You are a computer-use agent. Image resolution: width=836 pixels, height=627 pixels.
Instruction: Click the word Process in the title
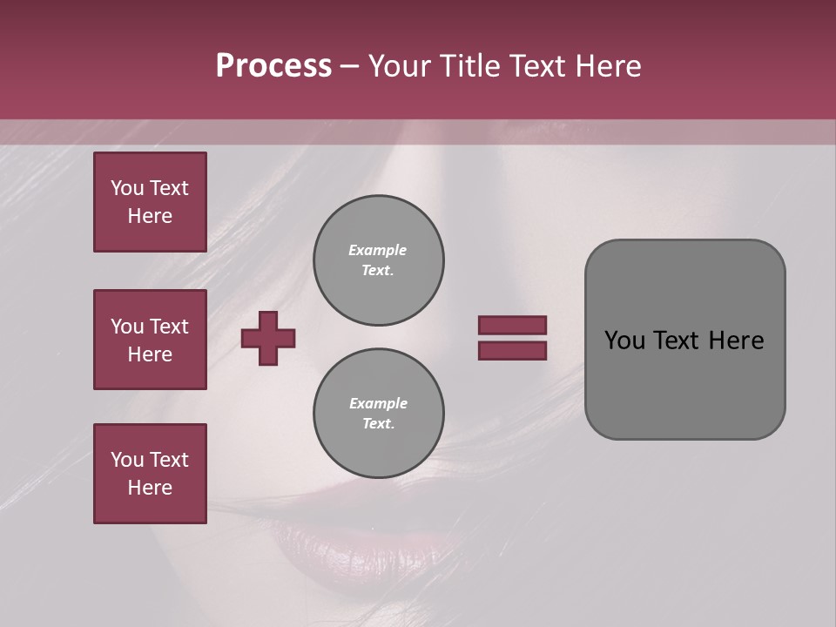click(x=273, y=66)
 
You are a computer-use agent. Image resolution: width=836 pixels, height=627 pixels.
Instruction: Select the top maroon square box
click(x=150, y=202)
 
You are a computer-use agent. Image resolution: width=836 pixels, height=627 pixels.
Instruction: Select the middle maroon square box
click(x=150, y=340)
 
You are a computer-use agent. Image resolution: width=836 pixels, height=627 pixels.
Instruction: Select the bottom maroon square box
click(x=150, y=474)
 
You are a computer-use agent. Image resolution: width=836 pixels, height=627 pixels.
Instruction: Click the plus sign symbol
click(x=268, y=338)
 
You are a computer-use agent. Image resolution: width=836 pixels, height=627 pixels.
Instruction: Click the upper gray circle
click(x=378, y=260)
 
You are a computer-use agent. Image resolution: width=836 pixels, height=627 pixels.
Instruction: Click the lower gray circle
click(x=378, y=414)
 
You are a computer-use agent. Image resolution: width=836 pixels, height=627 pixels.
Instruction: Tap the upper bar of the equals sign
click(x=512, y=325)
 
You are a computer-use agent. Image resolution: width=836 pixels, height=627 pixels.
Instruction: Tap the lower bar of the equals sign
click(x=512, y=351)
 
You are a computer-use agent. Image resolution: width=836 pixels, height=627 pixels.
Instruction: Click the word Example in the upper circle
click(x=377, y=250)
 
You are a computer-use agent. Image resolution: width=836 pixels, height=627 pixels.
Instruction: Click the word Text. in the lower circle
click(x=378, y=424)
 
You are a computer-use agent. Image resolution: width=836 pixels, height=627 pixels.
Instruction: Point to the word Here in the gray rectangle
click(x=736, y=340)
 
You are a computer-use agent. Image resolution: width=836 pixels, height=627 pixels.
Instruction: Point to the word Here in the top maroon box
click(x=150, y=217)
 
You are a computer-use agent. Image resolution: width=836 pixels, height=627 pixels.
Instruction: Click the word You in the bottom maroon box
click(x=127, y=460)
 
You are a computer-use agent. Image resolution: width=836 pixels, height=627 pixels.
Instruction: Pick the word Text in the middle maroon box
click(x=169, y=327)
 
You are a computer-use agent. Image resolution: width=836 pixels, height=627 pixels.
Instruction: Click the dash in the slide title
click(x=349, y=67)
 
